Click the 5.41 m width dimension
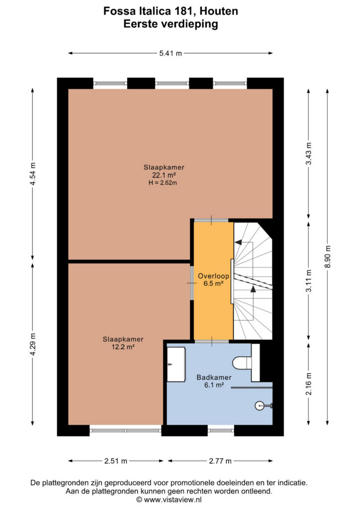pos(171,53)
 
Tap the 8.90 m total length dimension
pos(328,256)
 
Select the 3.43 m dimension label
pos(309,154)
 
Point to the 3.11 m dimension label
pos(309,281)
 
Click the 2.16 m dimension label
pos(309,384)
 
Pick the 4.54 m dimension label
pos(33,174)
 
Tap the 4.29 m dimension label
pos(33,344)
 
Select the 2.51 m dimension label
pos(116,461)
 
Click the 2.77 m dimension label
pos(220,461)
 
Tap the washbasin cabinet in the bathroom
pos(176,364)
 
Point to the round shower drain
pos(259,406)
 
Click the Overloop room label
pos(214,276)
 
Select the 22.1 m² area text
pos(164,175)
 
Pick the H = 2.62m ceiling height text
pos(163,183)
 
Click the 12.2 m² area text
pos(123,346)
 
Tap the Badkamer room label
pos(214,377)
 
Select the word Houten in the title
pos(219,11)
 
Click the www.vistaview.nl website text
pos(173,500)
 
